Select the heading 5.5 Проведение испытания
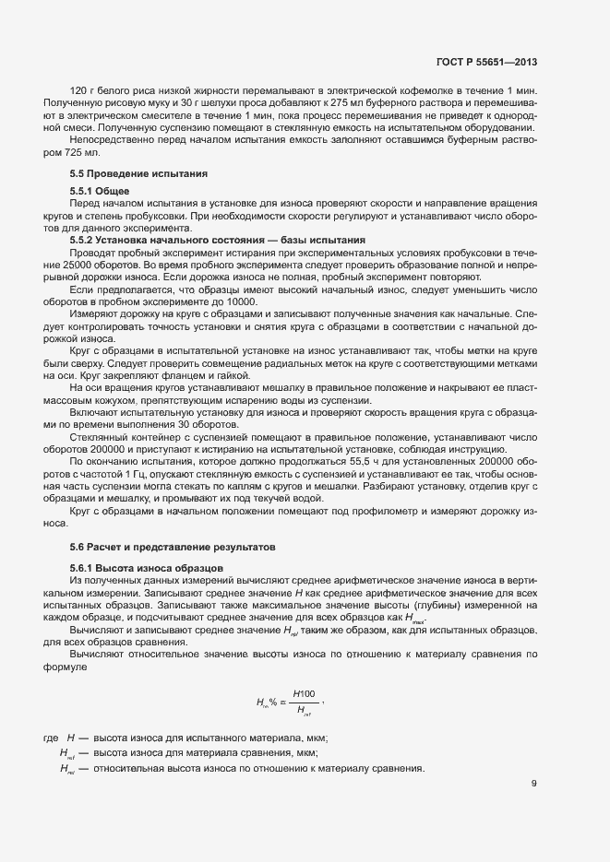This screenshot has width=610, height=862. click(126, 173)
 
